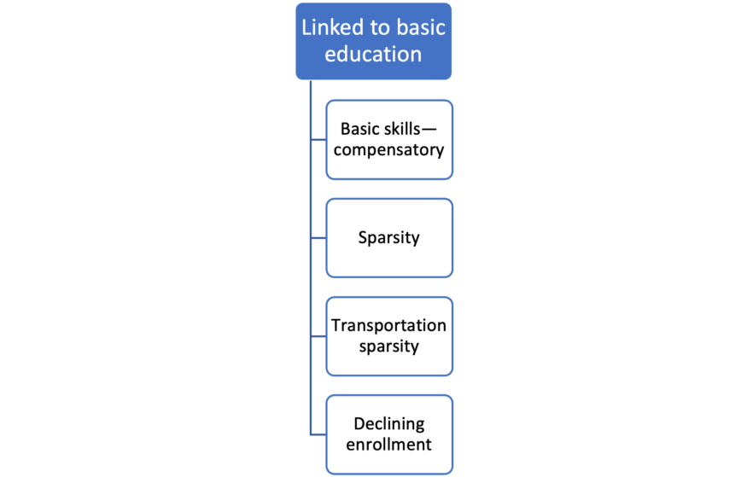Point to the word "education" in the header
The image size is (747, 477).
tap(374, 54)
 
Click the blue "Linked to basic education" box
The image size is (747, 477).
tap(374, 41)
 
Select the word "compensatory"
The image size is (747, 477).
tap(389, 150)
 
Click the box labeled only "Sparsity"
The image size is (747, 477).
tap(389, 238)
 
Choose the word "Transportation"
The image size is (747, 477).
tap(389, 325)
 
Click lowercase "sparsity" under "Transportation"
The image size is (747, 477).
tap(389, 346)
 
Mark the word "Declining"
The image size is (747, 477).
tap(389, 424)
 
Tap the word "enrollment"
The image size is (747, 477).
tap(389, 445)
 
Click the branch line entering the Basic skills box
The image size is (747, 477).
tap(318, 140)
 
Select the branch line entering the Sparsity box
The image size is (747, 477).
tap(318, 238)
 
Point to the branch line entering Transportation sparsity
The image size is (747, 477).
tap(318, 336)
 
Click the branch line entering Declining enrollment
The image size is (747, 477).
tap(318, 434)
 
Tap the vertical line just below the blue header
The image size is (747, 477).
tap(311, 94)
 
